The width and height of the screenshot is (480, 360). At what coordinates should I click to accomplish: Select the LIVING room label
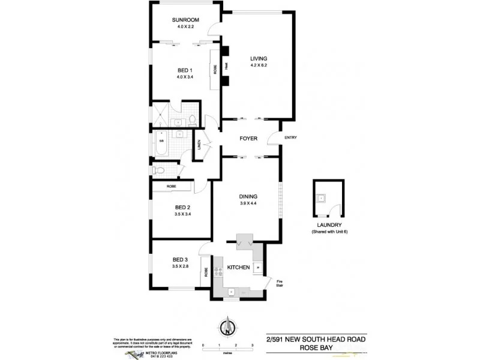[259, 58]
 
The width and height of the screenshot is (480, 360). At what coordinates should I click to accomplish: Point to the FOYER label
[248, 139]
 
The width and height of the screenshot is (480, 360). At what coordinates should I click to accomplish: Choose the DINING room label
[248, 196]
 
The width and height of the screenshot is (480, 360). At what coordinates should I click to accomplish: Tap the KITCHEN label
[238, 268]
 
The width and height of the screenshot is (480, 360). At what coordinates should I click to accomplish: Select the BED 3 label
[181, 259]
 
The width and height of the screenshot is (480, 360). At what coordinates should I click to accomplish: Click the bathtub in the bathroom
[163, 145]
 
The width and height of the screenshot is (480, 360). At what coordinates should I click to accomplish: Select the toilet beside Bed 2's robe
[158, 172]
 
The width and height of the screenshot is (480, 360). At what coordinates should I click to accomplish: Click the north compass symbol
[227, 327]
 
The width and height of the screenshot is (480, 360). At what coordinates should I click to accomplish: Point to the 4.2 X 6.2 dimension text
[259, 65]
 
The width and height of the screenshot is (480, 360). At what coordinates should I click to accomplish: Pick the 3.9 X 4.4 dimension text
[248, 203]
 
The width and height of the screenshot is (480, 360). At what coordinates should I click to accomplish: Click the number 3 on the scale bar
[253, 346]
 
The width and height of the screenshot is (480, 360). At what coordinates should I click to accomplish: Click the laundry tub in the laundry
[322, 197]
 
